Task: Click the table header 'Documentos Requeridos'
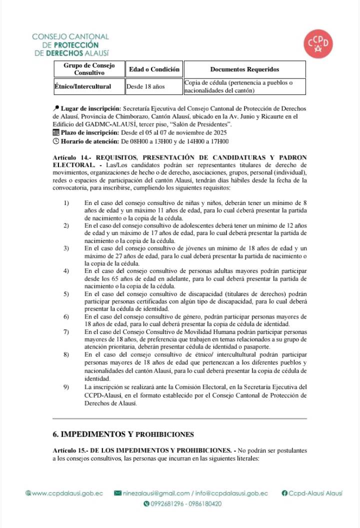pos(244,69)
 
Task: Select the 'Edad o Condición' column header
pos(154,69)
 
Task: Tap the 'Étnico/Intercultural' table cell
pos(83,86)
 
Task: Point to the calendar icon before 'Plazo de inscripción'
pos(55,132)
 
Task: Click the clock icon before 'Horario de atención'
pos(55,141)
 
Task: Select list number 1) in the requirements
pos(66,203)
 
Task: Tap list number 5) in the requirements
pos(66,294)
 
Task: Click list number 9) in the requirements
pos(66,387)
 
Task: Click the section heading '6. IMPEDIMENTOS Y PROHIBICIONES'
pos(123,433)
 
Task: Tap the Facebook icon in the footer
pos(285,493)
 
